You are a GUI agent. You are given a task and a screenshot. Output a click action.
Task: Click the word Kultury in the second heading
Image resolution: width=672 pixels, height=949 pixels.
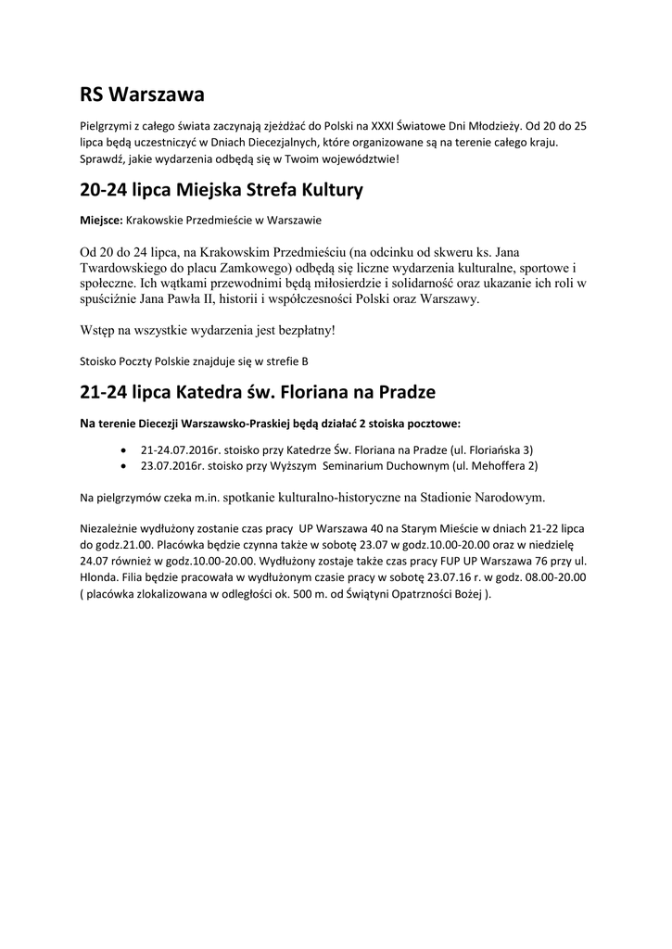pyautogui.click(x=325, y=191)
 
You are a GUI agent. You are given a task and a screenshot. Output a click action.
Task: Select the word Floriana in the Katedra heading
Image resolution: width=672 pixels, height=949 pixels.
pyautogui.click(x=309, y=392)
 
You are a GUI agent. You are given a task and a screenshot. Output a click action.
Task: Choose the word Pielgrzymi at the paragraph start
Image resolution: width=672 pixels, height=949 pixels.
pyautogui.click(x=104, y=124)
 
